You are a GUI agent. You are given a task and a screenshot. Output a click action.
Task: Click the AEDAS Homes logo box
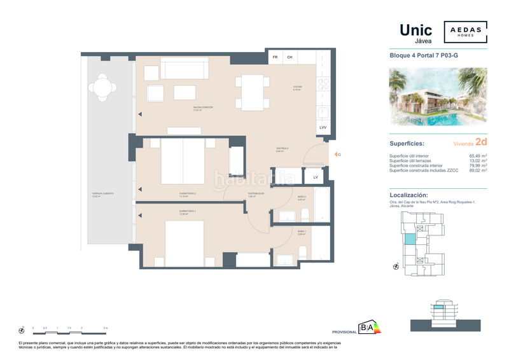(465, 32)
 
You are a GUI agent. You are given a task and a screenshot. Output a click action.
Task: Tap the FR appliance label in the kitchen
(275, 58)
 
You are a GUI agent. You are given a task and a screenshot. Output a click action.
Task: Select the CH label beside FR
(289, 58)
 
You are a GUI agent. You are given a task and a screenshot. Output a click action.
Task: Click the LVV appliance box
(323, 128)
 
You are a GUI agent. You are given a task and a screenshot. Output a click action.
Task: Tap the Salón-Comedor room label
(203, 108)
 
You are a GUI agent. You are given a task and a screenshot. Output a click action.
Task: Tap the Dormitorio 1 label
(186, 212)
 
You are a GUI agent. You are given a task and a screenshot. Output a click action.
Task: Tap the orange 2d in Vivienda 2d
(481, 143)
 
